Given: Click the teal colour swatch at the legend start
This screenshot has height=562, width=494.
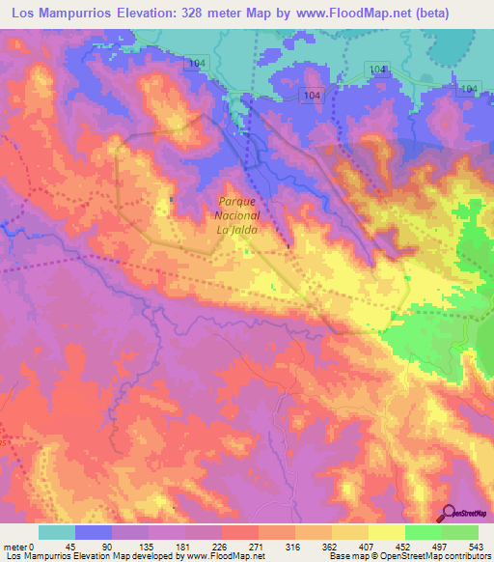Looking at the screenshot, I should pyautogui.click(x=56, y=532).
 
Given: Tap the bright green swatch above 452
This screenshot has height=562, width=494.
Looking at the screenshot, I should pyautogui.click(x=423, y=532).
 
